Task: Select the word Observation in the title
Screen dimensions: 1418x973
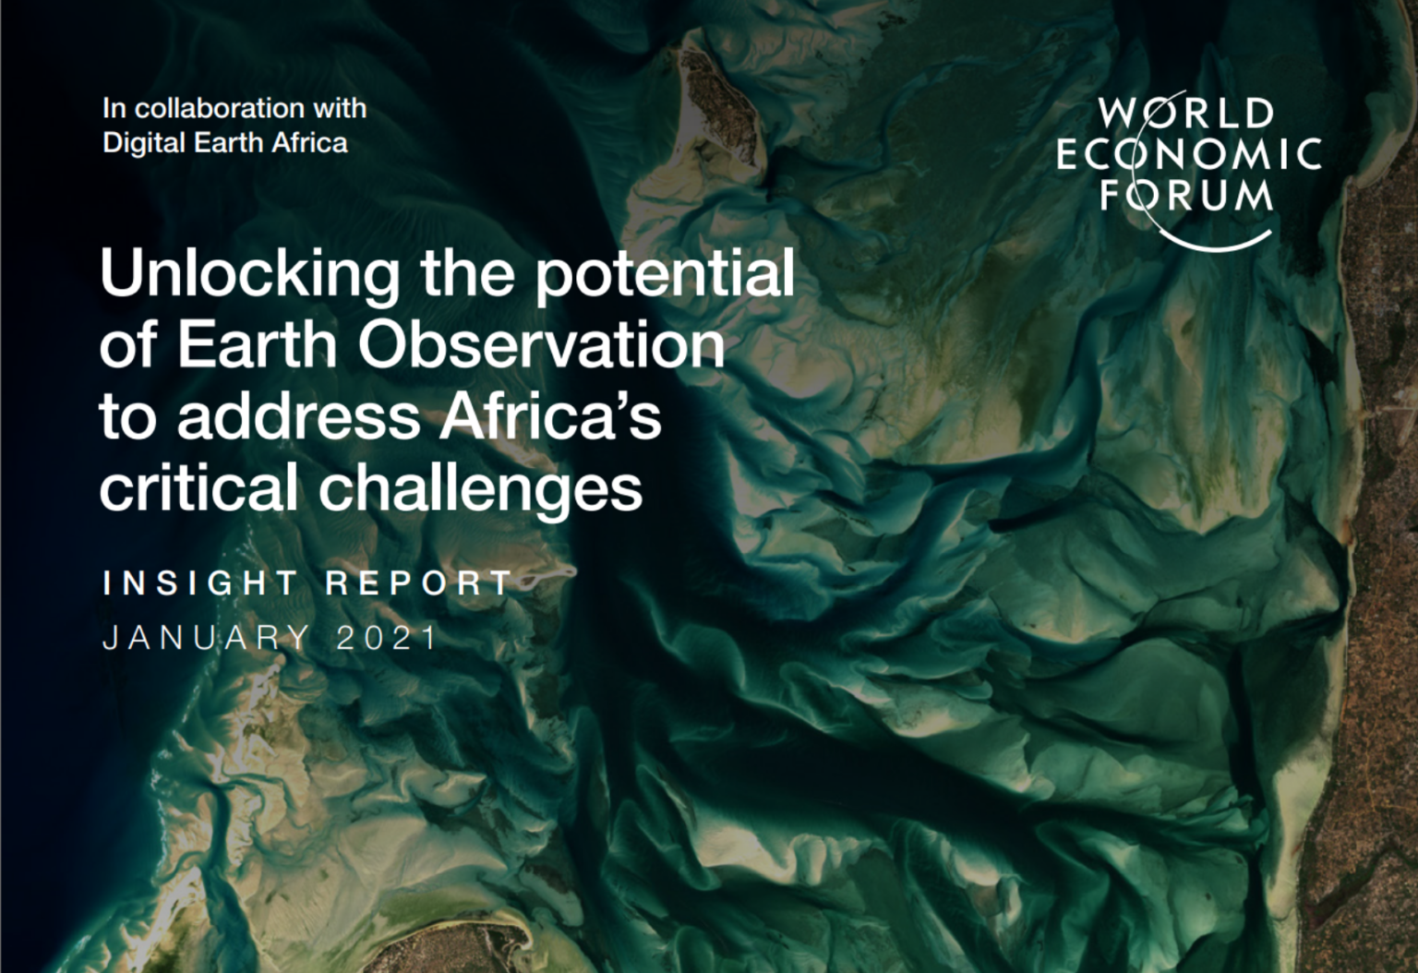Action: pyautogui.click(x=542, y=345)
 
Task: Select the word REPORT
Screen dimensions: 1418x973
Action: pyautogui.click(x=419, y=583)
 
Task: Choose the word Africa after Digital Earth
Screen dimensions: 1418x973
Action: pyautogui.click(x=309, y=142)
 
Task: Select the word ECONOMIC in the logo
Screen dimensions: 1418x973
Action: pyautogui.click(x=1189, y=154)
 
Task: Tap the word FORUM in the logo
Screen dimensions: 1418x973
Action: pyautogui.click(x=1186, y=195)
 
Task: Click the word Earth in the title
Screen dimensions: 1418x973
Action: pyautogui.click(x=257, y=345)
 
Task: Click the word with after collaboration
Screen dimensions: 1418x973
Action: pyautogui.click(x=340, y=109)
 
